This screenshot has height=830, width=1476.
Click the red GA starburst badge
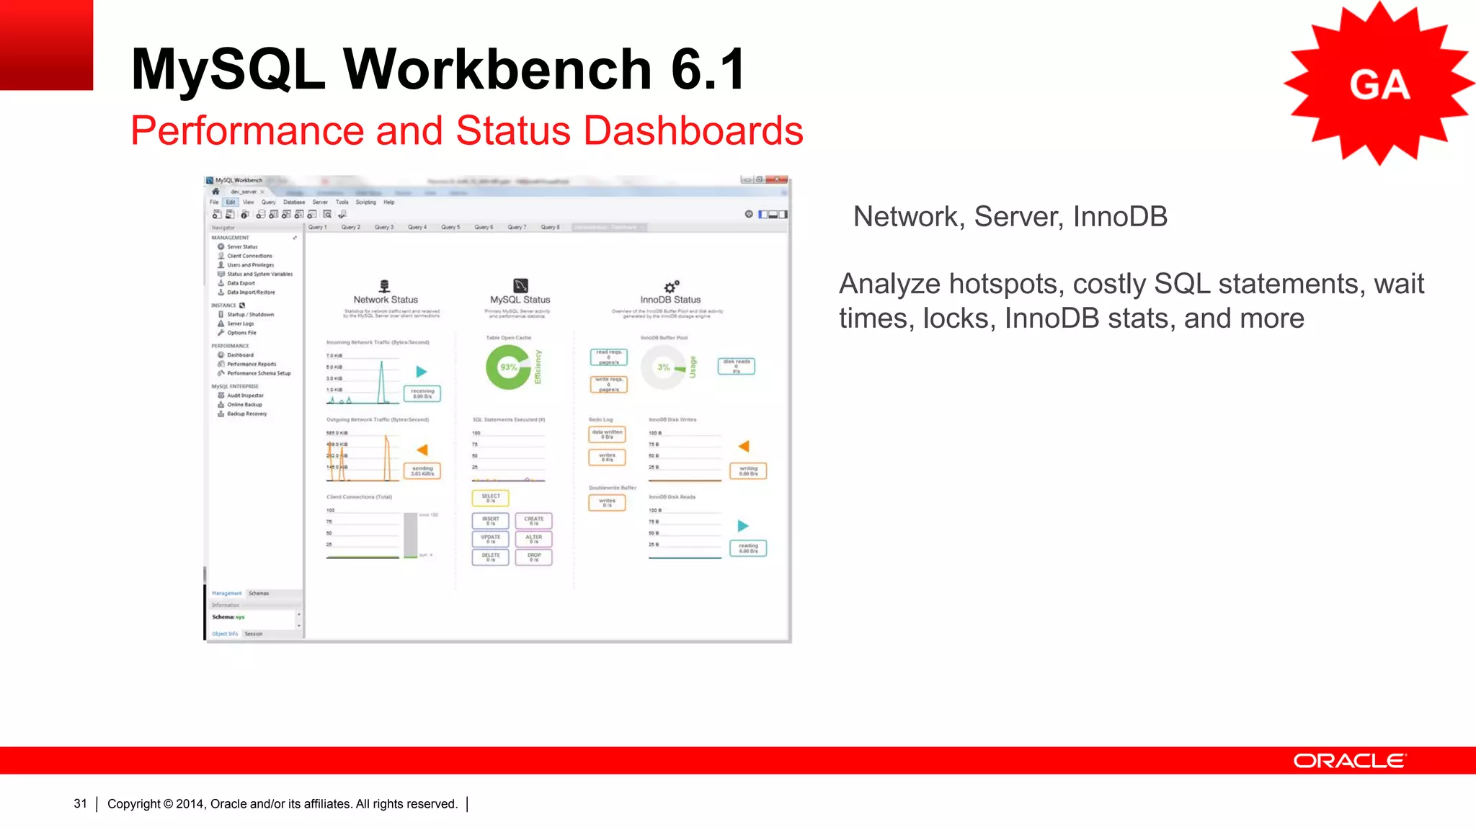tap(1378, 84)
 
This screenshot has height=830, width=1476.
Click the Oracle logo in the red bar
tap(1349, 761)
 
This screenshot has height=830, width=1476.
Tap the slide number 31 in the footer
tap(80, 803)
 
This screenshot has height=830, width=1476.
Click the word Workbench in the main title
tap(497, 69)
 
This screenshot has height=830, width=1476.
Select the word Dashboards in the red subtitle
tap(693, 131)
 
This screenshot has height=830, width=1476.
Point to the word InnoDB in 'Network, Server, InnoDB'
tap(1120, 217)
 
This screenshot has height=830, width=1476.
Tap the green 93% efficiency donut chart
tap(509, 367)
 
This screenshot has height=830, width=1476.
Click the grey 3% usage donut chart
tap(663, 367)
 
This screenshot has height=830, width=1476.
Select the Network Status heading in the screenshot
tap(386, 300)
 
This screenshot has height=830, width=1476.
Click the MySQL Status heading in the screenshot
tap(520, 300)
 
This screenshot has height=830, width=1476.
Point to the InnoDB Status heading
tap(670, 300)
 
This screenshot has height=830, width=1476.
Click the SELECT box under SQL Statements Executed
tap(491, 498)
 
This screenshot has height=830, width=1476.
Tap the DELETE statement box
tap(491, 557)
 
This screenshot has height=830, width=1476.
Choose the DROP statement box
tap(534, 557)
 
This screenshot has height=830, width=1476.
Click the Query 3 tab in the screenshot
tap(384, 228)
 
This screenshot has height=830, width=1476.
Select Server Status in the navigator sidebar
tap(242, 247)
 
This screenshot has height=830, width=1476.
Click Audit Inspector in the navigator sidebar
tap(245, 396)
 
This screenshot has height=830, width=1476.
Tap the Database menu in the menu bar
tap(294, 202)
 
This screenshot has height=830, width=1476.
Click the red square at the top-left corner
tap(46, 45)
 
